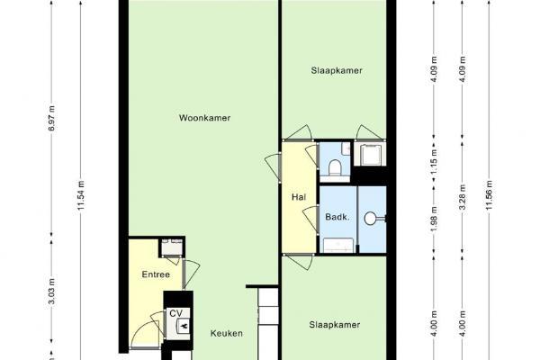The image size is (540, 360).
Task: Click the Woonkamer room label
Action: point(204,118)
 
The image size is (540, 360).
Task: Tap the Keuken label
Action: point(227,333)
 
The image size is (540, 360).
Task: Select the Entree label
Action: point(156,274)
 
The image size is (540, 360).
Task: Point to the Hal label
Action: point(299,197)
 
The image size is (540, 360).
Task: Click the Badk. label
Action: point(337,217)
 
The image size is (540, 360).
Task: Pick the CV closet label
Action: point(175,313)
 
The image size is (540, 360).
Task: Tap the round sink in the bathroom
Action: point(371,219)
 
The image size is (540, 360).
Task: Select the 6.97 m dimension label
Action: point(52,118)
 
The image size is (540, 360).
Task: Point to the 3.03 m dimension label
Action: point(52,291)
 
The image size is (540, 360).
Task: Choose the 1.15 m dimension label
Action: point(434,161)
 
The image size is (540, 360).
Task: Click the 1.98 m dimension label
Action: point(434,219)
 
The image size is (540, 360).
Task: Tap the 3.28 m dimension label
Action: point(463,197)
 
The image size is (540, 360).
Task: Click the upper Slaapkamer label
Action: point(337,70)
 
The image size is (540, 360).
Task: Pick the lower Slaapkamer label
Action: point(335,325)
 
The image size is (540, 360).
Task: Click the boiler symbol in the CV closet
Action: point(184,326)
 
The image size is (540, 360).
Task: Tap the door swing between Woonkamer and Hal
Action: point(273,167)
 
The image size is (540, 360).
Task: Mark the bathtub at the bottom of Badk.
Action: point(338,245)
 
